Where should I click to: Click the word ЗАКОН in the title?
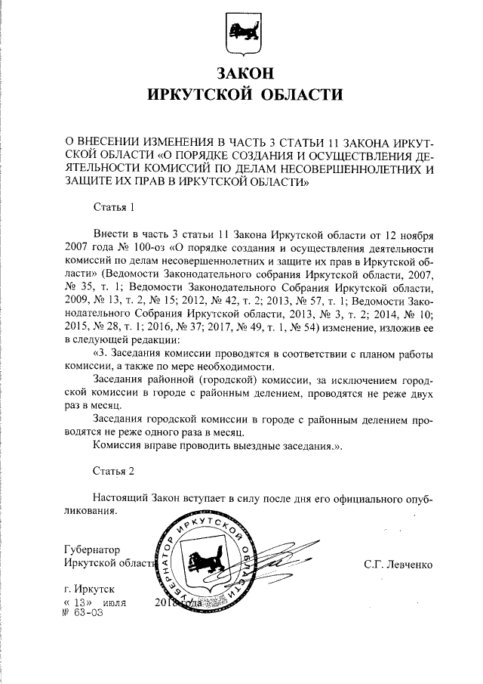click(242, 74)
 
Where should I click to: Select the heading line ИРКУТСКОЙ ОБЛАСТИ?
click(242, 95)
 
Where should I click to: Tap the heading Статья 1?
click(113, 206)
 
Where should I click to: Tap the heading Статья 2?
click(113, 471)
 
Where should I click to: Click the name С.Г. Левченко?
click(397, 563)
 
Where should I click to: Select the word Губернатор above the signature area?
click(93, 549)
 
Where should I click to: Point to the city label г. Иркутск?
click(90, 589)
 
